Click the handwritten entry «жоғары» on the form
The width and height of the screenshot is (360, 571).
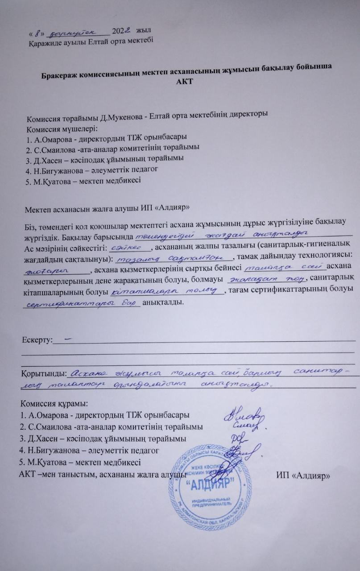click(x=44, y=269)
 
